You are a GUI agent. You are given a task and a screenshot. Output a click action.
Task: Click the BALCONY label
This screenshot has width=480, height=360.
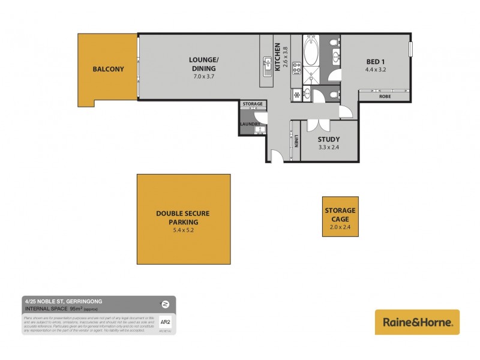tap(108, 69)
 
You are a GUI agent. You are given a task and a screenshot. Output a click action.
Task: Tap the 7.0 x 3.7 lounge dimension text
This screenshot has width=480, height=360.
tap(203, 77)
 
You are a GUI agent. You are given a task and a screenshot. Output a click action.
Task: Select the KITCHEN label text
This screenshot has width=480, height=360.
tap(277, 58)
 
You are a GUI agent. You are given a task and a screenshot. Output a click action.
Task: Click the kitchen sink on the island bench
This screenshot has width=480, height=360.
tap(266, 62)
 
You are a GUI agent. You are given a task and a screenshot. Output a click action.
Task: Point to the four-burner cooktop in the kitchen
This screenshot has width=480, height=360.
tap(296, 69)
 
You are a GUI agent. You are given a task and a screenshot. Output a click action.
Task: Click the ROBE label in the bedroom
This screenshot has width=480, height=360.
tap(386, 96)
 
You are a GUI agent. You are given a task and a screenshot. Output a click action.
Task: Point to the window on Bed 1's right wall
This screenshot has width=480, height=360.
tap(411, 49)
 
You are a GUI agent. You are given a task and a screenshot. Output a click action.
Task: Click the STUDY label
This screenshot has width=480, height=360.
tap(329, 139)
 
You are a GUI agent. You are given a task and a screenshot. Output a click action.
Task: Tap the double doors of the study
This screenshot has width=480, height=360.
tap(314, 125)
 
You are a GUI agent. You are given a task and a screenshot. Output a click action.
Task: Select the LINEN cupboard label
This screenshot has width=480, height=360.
tap(296, 140)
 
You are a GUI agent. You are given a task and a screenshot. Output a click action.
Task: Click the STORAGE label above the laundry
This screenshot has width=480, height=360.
tap(253, 104)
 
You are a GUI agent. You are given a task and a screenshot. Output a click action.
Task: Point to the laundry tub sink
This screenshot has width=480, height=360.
tap(259, 130)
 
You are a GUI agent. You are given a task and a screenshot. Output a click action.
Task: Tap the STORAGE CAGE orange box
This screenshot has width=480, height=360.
tap(340, 217)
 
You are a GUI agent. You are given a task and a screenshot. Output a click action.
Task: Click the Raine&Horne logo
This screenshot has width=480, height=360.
tap(417, 322)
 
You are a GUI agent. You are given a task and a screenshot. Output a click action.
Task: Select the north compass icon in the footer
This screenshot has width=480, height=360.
tap(165, 302)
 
